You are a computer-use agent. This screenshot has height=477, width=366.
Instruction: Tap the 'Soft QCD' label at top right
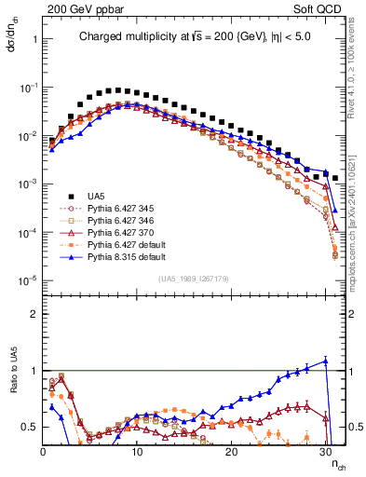(x=321, y=8)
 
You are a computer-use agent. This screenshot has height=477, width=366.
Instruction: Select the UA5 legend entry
(x=95, y=197)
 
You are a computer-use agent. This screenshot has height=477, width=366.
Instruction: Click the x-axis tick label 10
(x=137, y=450)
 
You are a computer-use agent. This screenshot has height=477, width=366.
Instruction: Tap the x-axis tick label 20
(x=231, y=450)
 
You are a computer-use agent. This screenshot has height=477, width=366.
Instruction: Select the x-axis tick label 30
(x=325, y=450)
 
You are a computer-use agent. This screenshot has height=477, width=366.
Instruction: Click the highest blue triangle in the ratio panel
(x=326, y=361)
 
